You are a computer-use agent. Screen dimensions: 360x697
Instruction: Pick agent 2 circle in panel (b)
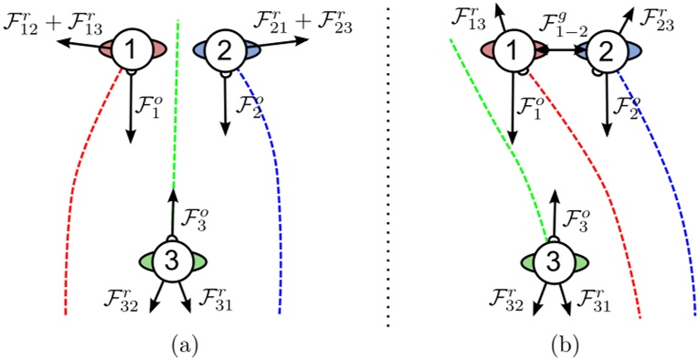point(606,52)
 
